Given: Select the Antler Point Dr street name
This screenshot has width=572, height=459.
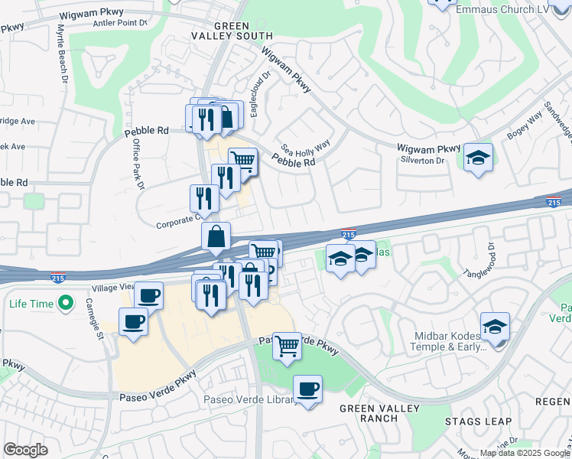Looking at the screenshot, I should click(x=119, y=22).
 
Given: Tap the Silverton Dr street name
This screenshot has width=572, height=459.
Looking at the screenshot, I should click(x=422, y=161).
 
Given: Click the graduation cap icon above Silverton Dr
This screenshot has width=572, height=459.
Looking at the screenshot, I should click(x=479, y=158).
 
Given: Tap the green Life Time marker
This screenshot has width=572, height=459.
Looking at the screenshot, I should click(x=67, y=304).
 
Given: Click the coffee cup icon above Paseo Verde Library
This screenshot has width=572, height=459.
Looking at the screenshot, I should click(x=307, y=389).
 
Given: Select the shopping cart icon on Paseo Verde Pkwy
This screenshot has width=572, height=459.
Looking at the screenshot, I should click(x=287, y=346).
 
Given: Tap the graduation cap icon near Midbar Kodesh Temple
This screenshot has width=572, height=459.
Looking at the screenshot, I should click(x=495, y=327).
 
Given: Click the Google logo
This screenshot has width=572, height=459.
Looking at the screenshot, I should click(x=26, y=450).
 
